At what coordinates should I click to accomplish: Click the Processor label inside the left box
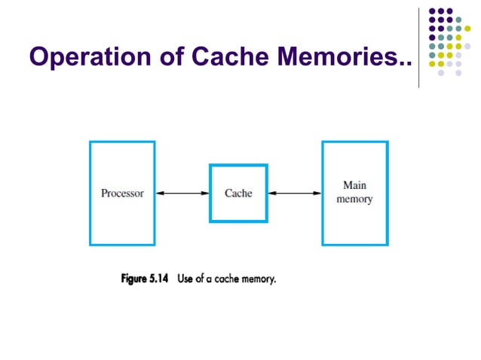click(122, 193)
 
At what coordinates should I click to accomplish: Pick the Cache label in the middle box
click(238, 193)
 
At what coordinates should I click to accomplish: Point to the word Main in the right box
click(354, 185)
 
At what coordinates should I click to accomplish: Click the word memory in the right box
click(354, 200)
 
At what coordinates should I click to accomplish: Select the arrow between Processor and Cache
click(182, 194)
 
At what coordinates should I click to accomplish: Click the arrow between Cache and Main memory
click(295, 194)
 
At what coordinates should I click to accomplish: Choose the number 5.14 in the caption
click(160, 279)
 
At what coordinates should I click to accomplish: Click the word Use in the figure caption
click(186, 279)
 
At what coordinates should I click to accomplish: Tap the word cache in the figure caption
click(229, 279)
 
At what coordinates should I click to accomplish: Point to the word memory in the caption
click(261, 279)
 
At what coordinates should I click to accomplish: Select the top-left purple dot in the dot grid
click(432, 12)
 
